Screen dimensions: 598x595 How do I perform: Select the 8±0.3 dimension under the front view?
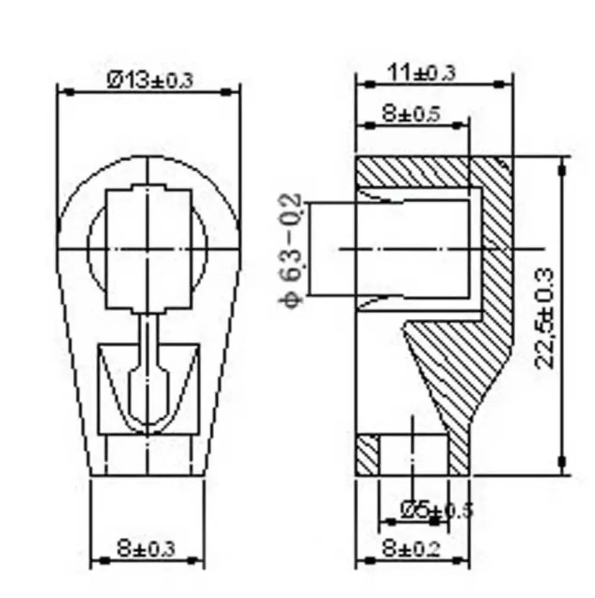[146, 549]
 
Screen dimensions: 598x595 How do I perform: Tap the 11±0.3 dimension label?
[422, 73]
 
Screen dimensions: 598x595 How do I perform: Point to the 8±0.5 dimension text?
[411, 114]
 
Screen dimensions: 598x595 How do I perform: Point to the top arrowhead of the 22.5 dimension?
[562, 168]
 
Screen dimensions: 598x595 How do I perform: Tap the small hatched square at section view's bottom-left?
[367, 455]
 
